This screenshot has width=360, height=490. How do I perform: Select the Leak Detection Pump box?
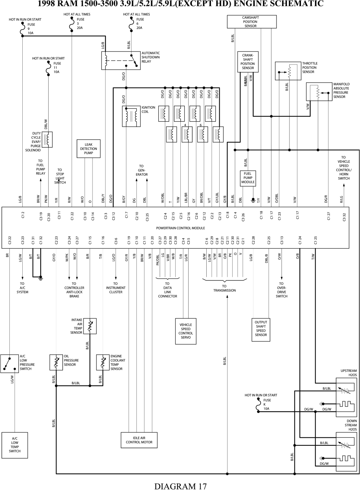point(89,149)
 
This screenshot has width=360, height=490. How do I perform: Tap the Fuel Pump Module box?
point(248,178)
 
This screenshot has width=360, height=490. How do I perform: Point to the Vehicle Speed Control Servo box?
point(186,331)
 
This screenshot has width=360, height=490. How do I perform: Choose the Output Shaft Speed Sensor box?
point(261,329)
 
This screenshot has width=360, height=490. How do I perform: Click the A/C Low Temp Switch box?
point(15,445)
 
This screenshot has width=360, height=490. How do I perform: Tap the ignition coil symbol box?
point(130,116)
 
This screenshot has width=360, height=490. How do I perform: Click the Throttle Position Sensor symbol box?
point(288,71)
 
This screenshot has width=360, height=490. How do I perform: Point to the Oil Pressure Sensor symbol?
point(56,362)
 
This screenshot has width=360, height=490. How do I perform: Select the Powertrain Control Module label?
point(180,228)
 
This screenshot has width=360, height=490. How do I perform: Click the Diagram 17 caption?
point(180,486)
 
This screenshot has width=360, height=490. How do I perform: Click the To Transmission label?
point(224,288)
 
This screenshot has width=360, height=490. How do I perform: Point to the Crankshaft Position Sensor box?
point(248,62)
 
